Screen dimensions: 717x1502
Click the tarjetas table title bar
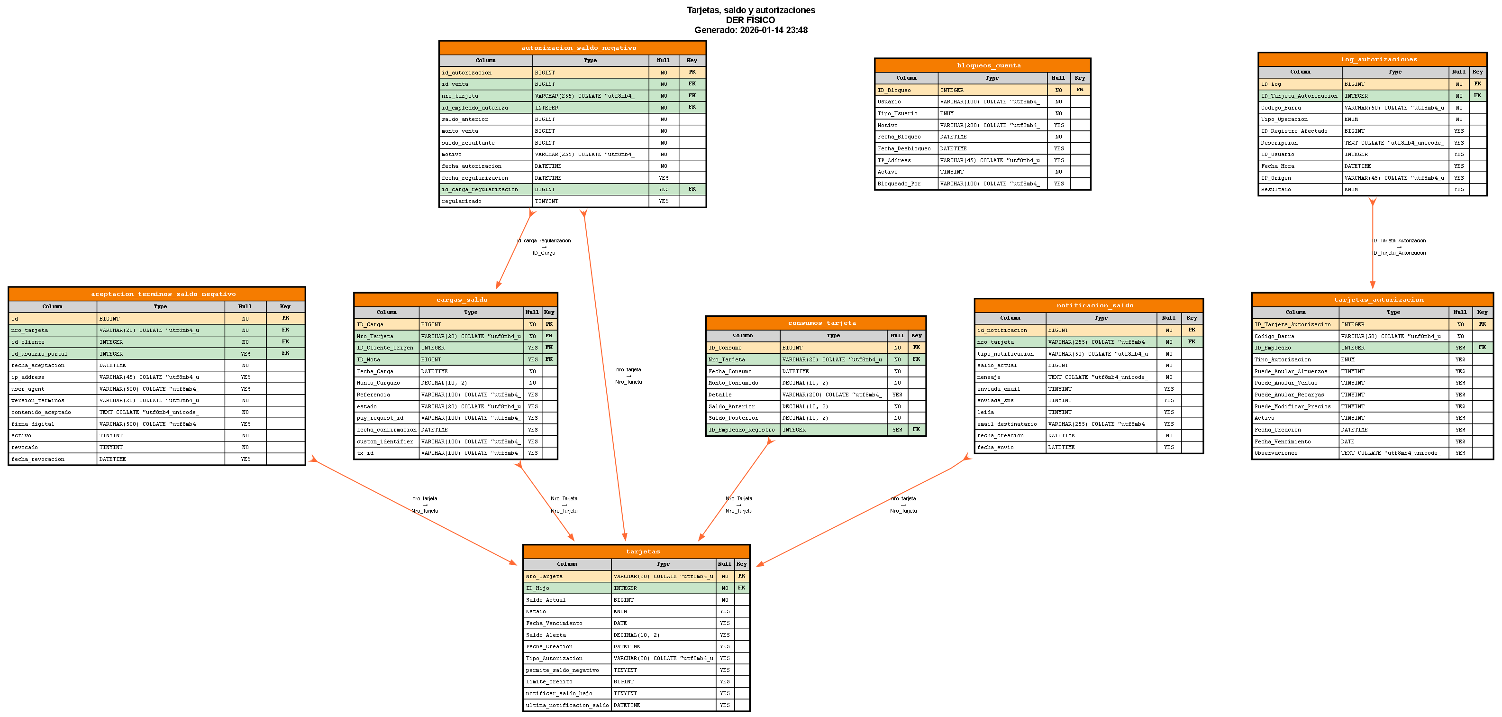pyautogui.click(x=636, y=552)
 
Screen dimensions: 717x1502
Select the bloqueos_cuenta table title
pyautogui.click(x=982, y=65)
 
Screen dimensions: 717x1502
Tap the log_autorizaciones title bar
pyautogui.click(x=1372, y=59)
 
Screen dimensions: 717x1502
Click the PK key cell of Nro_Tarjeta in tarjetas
pyautogui.click(x=741, y=576)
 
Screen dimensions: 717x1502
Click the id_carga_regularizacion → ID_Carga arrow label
pyautogui.click(x=544, y=247)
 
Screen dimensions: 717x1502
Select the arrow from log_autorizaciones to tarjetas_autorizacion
pyautogui.click(x=1372, y=245)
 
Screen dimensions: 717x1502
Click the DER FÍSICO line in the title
pyautogui.click(x=750, y=20)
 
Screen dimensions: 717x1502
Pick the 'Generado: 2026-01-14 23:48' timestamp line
pyautogui.click(x=750, y=30)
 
